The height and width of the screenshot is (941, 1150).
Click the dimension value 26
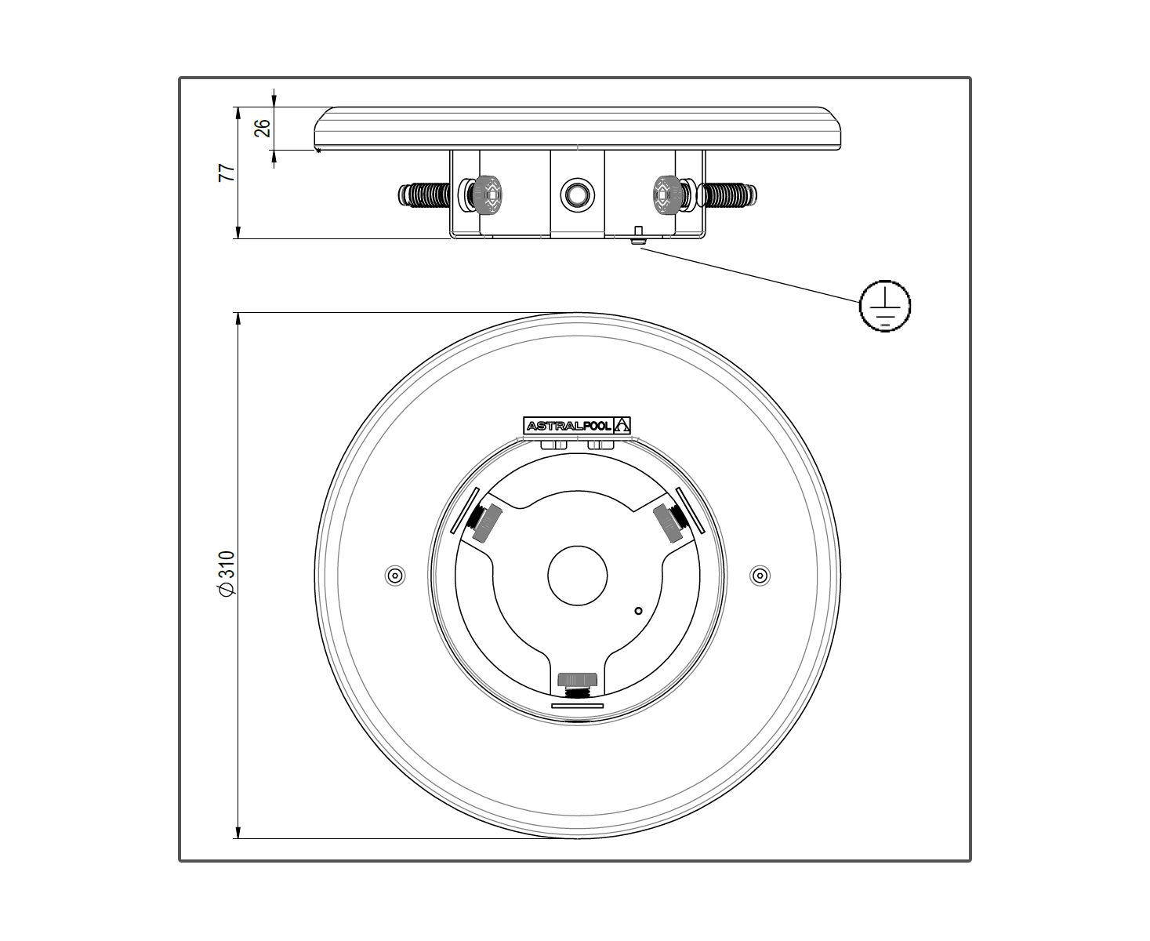(x=263, y=128)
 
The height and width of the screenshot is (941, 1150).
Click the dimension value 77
(x=227, y=173)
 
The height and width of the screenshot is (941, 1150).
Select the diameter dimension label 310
(x=227, y=572)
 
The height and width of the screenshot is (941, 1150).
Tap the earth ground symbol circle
(x=884, y=306)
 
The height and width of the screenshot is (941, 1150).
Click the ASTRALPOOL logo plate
(x=577, y=425)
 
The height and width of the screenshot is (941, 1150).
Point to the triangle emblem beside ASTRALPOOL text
(x=622, y=425)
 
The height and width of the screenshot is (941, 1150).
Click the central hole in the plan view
(x=578, y=576)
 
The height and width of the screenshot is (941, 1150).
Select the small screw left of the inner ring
(x=395, y=576)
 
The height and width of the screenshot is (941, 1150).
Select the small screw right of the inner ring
(x=760, y=576)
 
